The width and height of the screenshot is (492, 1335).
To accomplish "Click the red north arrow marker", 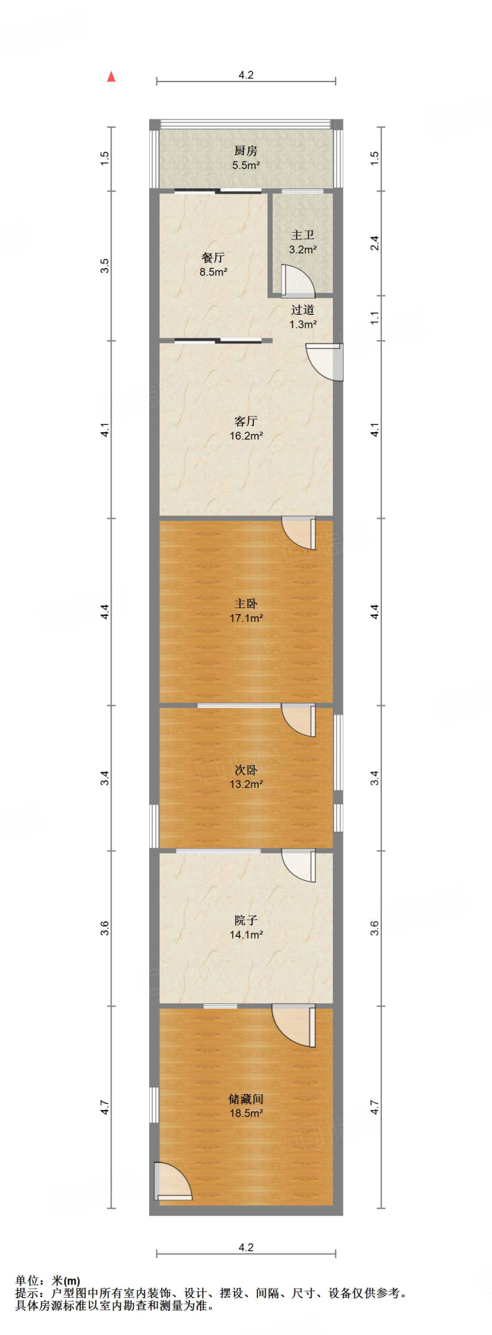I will pos(111,76).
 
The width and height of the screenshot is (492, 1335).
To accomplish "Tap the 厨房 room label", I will pos(246,158).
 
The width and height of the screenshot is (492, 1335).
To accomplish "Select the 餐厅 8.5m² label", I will pos(213,265).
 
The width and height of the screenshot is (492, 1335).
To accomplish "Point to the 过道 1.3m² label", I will pos(303,317).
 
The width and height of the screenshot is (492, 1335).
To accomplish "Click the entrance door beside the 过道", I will pos(326,361).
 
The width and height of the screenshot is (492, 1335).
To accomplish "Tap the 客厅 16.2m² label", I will pos(246,428).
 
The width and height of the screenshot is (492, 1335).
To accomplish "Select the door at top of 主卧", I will pos(300,532).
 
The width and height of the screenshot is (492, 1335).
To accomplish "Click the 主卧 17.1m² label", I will pos(246,611).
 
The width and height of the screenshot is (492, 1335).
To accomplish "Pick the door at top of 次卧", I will pos(300,720).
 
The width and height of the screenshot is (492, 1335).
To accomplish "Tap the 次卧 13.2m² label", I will pos(246,777).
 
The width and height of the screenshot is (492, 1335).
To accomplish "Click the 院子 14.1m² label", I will pos(246,927).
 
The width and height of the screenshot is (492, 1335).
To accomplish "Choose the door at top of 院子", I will pos(300,866).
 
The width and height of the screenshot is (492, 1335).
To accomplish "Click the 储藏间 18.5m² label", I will pos(246,1106).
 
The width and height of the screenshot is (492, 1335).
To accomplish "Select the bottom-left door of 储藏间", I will pos(172,1181).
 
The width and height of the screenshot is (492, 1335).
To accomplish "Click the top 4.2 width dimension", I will pos(246,76).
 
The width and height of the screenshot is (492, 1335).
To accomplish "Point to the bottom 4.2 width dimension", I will pos(246,1247).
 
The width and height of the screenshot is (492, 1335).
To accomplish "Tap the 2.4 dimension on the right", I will pos(375,243).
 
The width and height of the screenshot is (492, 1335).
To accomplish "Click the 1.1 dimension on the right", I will pos(375,318).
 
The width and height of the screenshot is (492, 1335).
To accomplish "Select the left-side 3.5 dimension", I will pos(105,266).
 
